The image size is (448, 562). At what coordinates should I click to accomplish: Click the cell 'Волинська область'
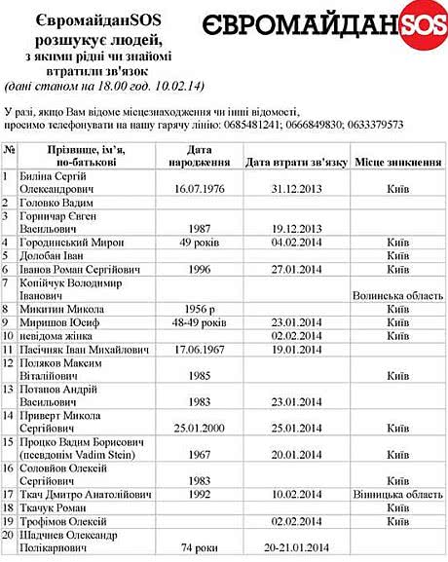tap(392, 294)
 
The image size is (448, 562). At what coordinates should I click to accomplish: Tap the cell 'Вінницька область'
tap(392, 494)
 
